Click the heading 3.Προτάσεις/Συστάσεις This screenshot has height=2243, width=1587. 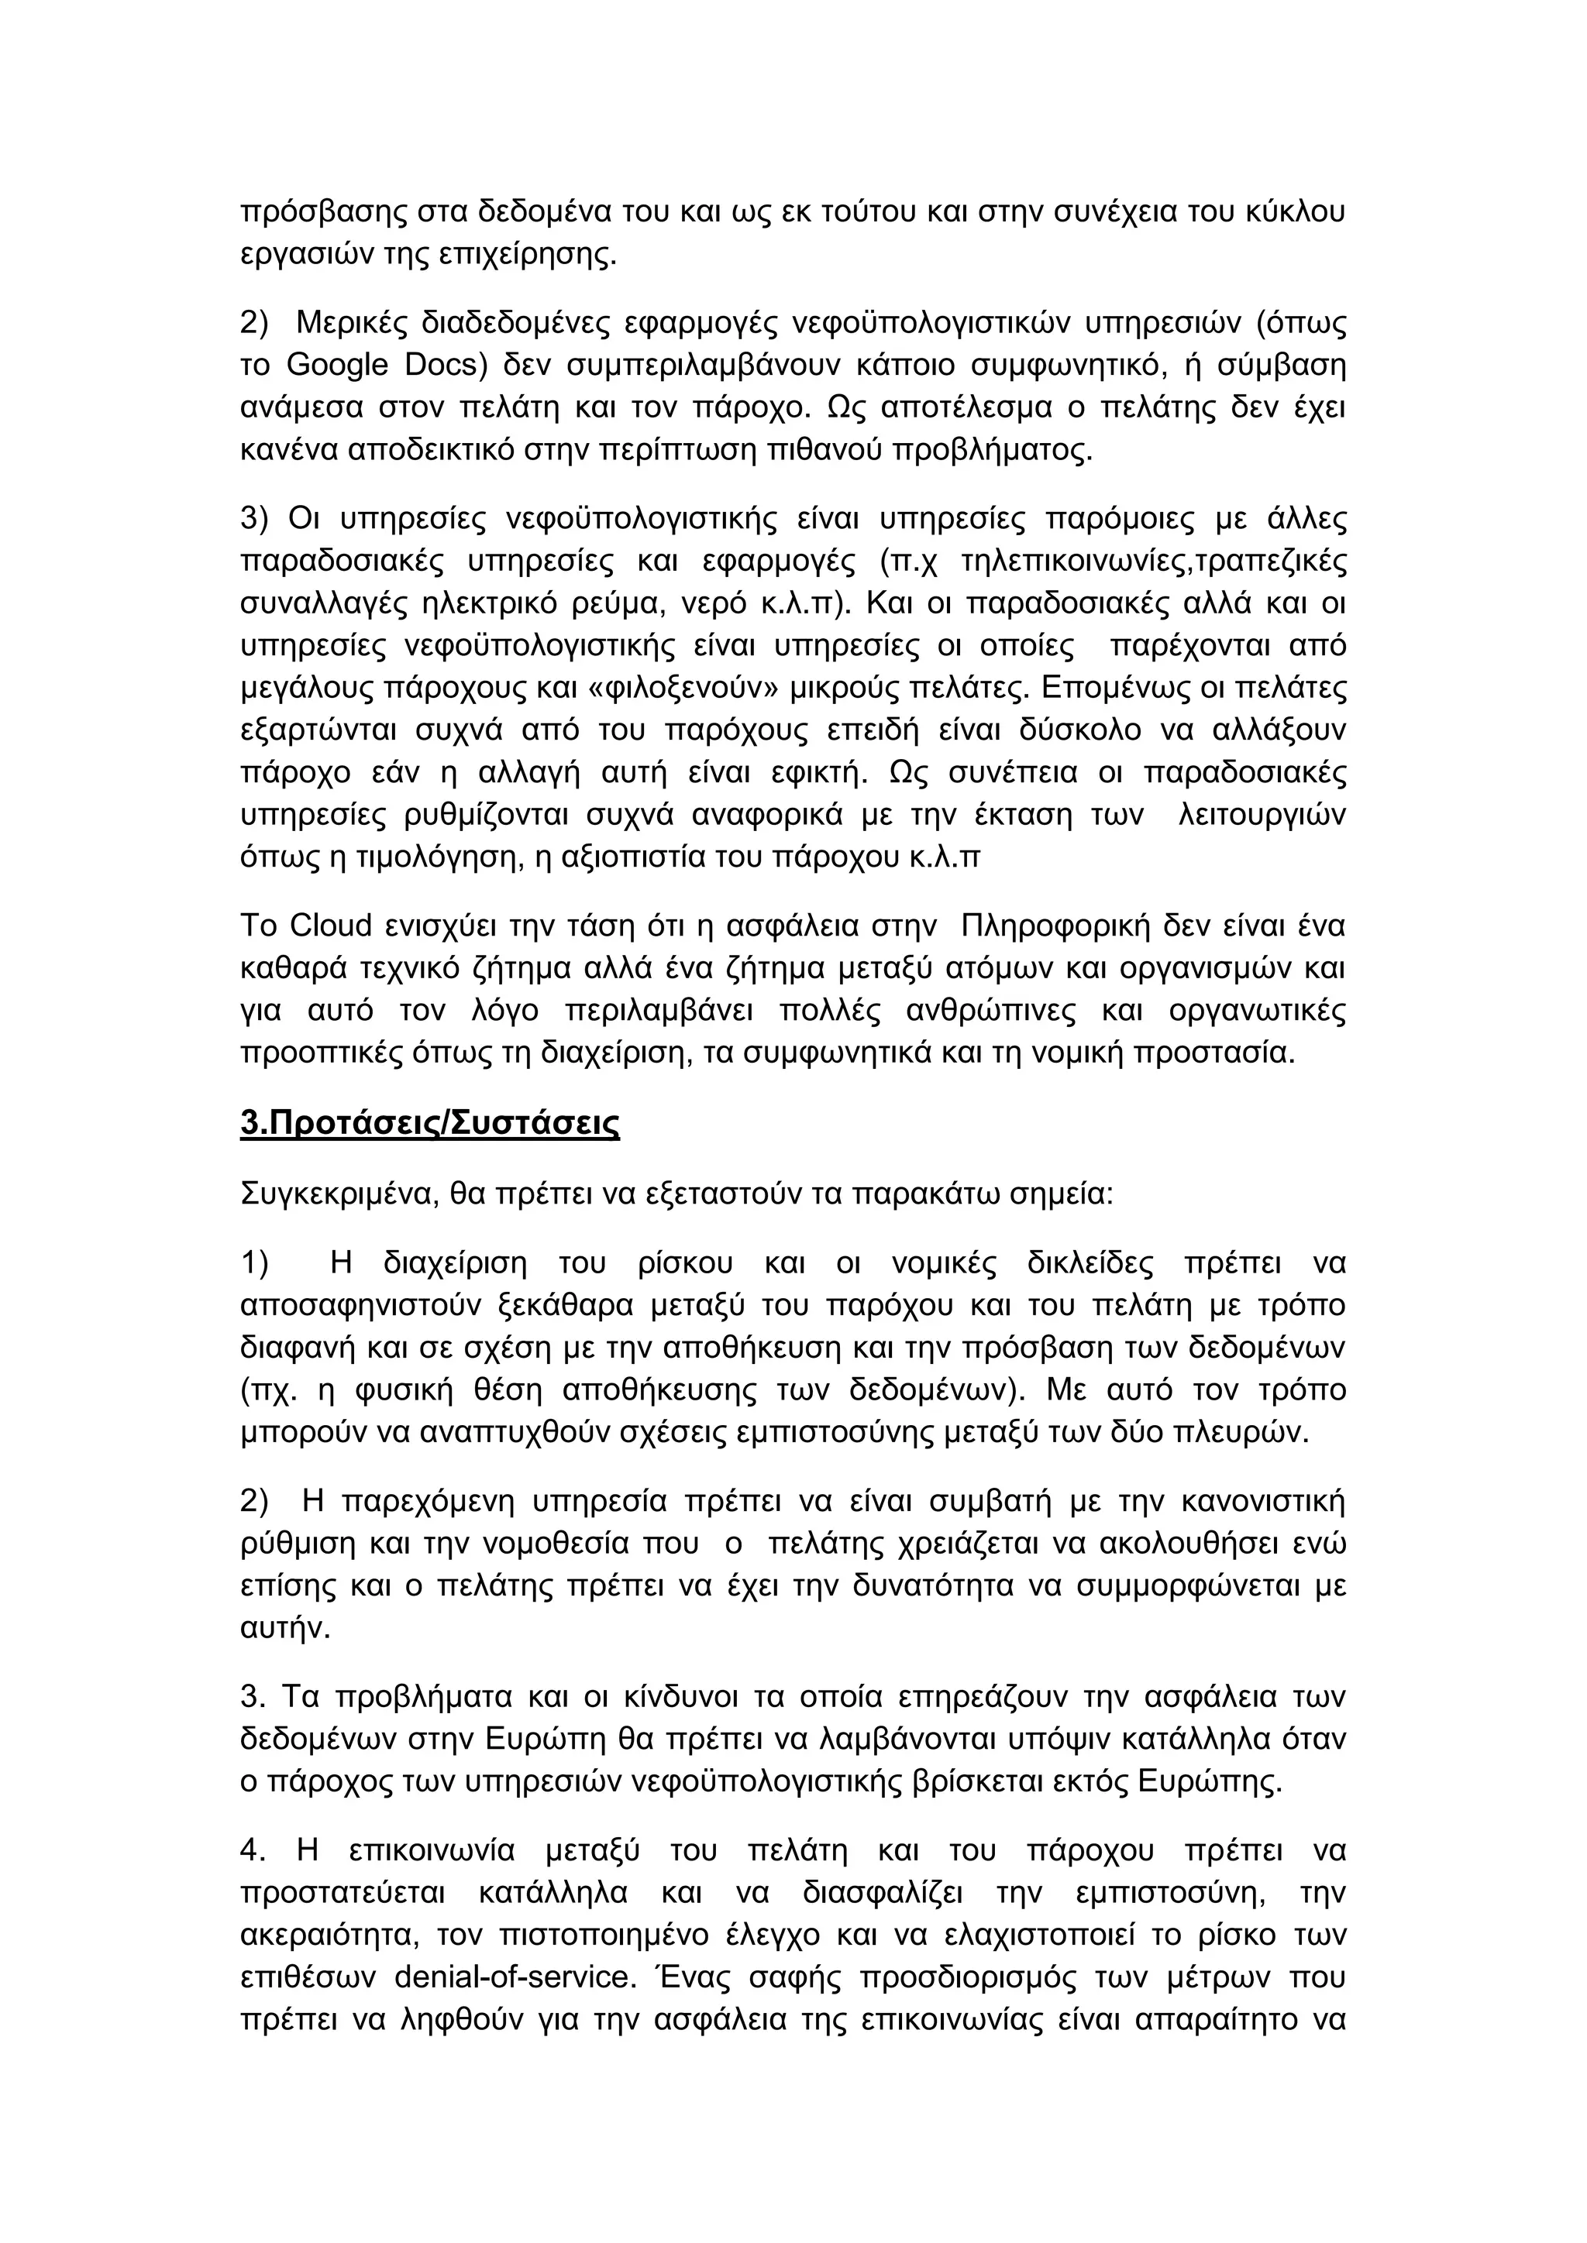pos(430,1124)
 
